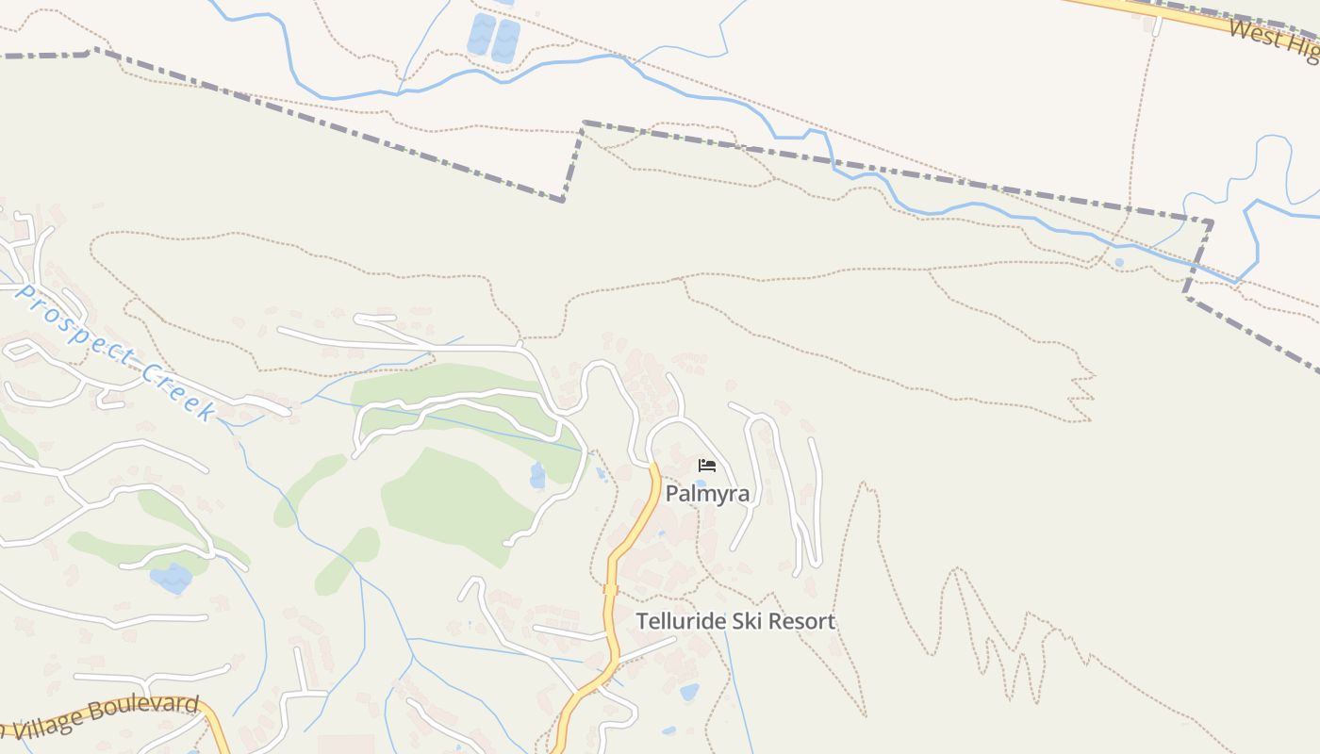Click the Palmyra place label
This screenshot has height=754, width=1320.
707,494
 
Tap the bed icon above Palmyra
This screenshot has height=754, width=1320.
707,466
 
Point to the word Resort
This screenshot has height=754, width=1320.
801,622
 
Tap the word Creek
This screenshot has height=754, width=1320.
179,392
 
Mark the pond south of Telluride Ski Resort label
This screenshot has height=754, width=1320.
689,693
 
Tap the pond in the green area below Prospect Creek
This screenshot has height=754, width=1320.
171,577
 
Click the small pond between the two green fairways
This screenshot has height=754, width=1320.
537,475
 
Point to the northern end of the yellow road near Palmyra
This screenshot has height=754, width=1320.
653,467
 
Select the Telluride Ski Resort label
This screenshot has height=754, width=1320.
735,622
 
